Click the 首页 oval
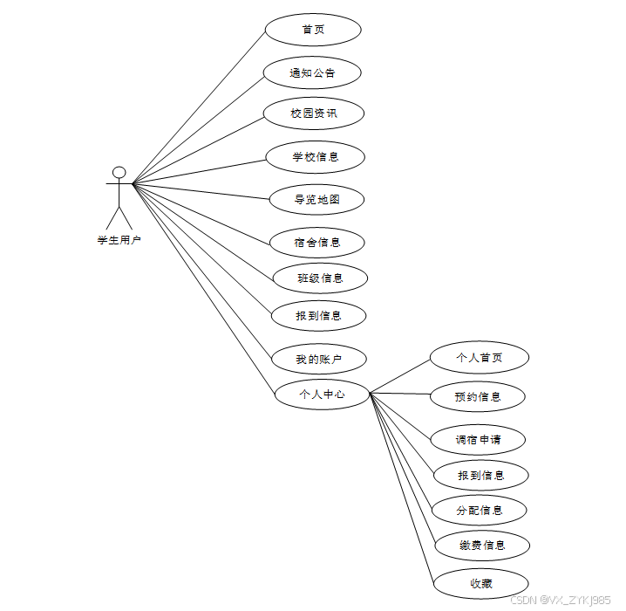[x=312, y=30]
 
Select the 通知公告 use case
[x=312, y=72]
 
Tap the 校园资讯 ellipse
[x=314, y=113]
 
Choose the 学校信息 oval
[x=315, y=157]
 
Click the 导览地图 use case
[x=316, y=199]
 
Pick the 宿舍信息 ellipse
[x=316, y=242]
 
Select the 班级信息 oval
[x=319, y=278]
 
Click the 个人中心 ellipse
[x=322, y=394]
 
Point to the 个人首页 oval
[x=480, y=357]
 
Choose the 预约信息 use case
[x=478, y=396]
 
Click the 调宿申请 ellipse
[x=479, y=439]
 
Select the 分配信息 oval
[x=480, y=510]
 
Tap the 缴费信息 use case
[x=481, y=546]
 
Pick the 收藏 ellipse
[x=481, y=583]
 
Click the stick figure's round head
[x=119, y=172]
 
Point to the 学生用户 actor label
[x=119, y=240]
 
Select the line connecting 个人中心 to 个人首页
[x=399, y=376]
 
